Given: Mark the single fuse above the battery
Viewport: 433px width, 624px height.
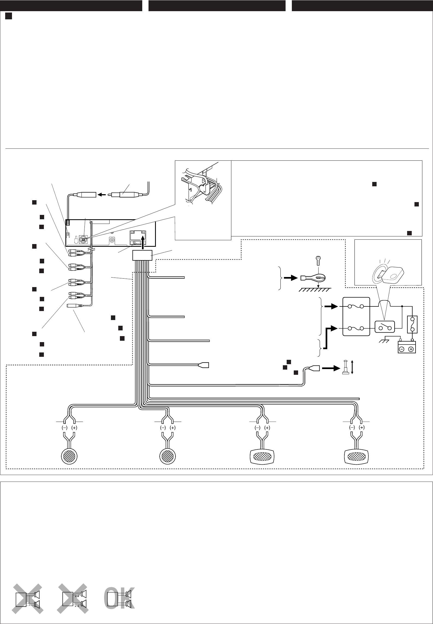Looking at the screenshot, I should click(x=412, y=324).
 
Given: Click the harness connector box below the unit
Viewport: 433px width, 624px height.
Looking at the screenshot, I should click(x=142, y=255).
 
